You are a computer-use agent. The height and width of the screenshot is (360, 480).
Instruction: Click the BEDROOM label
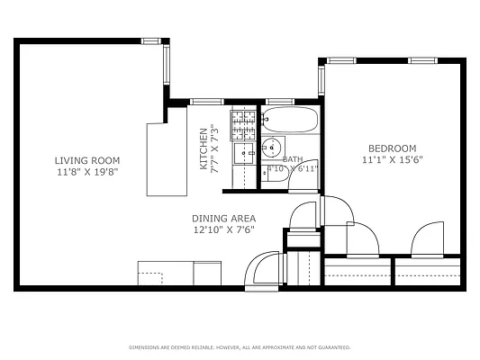pos(392,148)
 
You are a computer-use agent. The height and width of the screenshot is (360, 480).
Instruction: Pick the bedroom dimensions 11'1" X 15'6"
pos(392,160)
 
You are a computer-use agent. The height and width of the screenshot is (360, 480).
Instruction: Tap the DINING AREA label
pos(223,219)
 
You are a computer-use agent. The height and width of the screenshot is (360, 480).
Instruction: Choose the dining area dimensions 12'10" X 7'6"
pos(223,229)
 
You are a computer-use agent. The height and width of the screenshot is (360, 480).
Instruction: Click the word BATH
pos(292,158)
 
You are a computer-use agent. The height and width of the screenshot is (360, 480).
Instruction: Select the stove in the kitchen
pos(243,125)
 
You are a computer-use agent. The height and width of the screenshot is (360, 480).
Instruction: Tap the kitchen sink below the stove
pos(244,154)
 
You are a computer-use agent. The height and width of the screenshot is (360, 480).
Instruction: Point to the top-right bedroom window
pos(422,60)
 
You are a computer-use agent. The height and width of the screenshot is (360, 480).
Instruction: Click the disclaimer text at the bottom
pos(240,346)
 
